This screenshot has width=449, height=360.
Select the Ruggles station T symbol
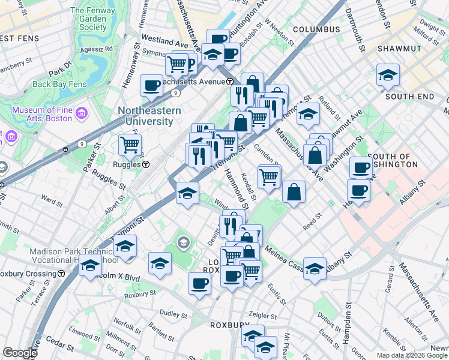click(146, 164)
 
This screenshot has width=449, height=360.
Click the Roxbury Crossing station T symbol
click(62, 274)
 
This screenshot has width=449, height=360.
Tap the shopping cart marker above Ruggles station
click(130, 145)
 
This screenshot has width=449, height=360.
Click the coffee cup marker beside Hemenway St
click(151, 85)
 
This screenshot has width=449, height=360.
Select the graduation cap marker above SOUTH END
click(388, 74)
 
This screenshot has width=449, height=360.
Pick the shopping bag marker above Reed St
click(294, 192)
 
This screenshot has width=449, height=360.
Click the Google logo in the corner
click(19, 353)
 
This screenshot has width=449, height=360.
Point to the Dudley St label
click(173, 313)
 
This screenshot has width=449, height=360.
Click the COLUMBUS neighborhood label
click(316, 29)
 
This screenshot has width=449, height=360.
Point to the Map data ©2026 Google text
click(412, 355)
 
